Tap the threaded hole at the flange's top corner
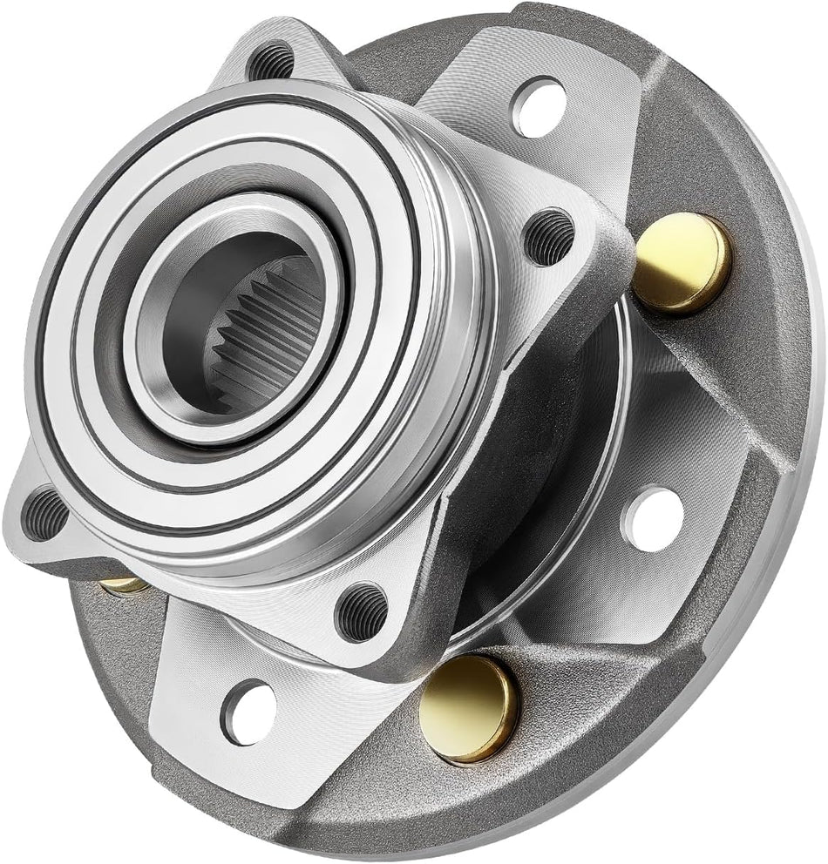point(269,62)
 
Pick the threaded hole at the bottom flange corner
point(362,611)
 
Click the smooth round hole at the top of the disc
point(540,106)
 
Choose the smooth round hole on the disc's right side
point(653,519)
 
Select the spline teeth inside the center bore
point(261,348)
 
